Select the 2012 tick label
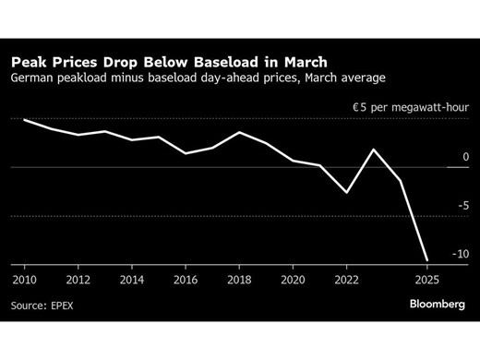click(x=78, y=278)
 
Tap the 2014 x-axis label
click(x=131, y=278)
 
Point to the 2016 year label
click(x=186, y=278)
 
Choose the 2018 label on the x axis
click(x=239, y=278)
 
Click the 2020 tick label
click(x=293, y=278)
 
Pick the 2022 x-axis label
click(x=347, y=278)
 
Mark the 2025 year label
click(x=426, y=278)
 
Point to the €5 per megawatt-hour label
click(x=412, y=108)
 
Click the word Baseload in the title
click(x=234, y=62)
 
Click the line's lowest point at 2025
click(x=426, y=260)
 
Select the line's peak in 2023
click(x=374, y=149)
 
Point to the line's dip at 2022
click(x=347, y=192)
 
